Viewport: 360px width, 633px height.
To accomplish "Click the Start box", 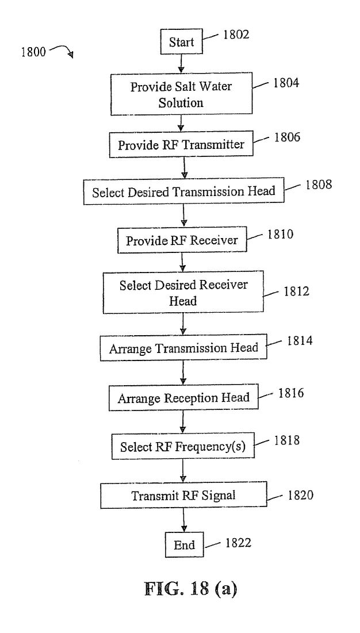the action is pyautogui.click(x=182, y=41).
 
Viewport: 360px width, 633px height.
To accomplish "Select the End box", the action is pyautogui.click(x=184, y=545).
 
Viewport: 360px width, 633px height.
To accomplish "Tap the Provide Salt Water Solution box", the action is pyautogui.click(x=181, y=94).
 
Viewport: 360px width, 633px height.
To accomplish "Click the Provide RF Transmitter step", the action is pyautogui.click(x=181, y=144).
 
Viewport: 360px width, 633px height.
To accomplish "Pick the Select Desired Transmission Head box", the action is pyautogui.click(x=183, y=191).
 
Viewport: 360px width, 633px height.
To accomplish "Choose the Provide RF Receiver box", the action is pyautogui.click(x=182, y=240).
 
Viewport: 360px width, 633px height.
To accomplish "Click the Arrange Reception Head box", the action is pyautogui.click(x=183, y=398).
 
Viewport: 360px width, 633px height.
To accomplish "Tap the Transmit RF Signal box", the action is pyautogui.click(x=183, y=494).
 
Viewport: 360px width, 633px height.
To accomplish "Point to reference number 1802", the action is pyautogui.click(x=236, y=34).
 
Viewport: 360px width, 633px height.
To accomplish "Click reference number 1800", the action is pyautogui.click(x=34, y=52).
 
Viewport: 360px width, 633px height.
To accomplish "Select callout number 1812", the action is pyautogui.click(x=297, y=291).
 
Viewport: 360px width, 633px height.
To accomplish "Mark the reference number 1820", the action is pyautogui.click(x=300, y=494).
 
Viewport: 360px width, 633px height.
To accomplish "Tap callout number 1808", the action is pyautogui.click(x=319, y=185).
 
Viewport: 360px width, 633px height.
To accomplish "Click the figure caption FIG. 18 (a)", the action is pyautogui.click(x=190, y=589).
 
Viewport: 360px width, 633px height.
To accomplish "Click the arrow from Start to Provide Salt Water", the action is pyautogui.click(x=181, y=63).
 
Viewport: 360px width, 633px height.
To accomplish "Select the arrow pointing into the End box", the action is pyautogui.click(x=184, y=520).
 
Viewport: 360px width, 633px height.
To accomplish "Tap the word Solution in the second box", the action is pyautogui.click(x=181, y=102).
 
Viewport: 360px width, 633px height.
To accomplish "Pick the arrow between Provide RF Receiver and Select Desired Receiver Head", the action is pyautogui.click(x=182, y=262).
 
